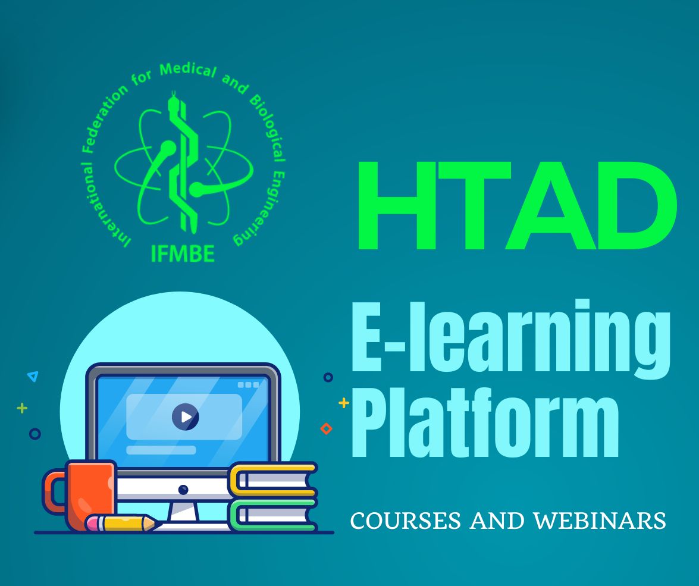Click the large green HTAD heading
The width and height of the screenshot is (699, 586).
point(516,206)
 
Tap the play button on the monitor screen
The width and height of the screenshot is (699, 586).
point(185,417)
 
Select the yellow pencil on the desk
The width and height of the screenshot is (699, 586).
point(128,524)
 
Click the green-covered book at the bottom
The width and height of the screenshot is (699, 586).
point(274,514)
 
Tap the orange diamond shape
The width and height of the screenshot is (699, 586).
point(326,428)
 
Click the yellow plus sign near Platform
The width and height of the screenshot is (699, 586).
point(343,403)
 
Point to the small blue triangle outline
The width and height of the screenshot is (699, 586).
point(33,376)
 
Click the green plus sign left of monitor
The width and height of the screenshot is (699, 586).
point(22,408)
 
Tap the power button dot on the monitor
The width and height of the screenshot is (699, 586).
point(183,490)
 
